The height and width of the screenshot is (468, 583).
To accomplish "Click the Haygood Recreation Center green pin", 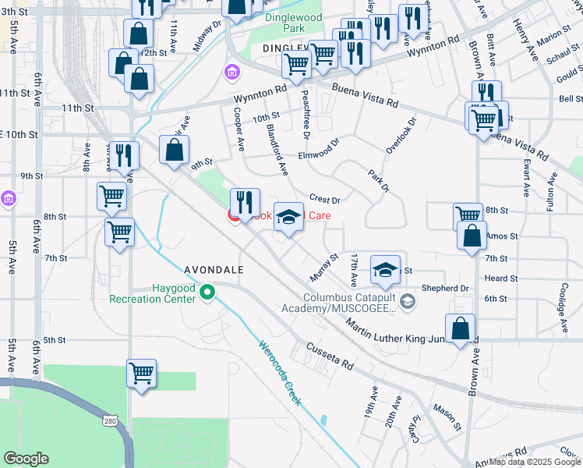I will tap(207, 293).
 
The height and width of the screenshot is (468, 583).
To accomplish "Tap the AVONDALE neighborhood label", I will tap(214, 269).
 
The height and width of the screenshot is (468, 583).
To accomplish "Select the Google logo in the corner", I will tap(26, 459).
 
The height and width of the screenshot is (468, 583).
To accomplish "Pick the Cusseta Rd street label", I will tap(329, 354).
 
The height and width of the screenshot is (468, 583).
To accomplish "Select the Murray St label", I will tap(323, 267).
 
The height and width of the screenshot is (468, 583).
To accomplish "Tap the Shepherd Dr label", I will tap(444, 288).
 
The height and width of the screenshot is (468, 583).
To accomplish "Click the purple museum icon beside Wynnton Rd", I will tap(231, 73).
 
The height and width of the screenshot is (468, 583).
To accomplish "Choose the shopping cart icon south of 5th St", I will tap(142, 373).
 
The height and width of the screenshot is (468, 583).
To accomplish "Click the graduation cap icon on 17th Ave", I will tap(384, 269).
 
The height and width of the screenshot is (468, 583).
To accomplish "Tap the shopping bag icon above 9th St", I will tap(175, 149).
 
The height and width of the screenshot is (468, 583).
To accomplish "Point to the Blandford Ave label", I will tap(277, 149).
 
